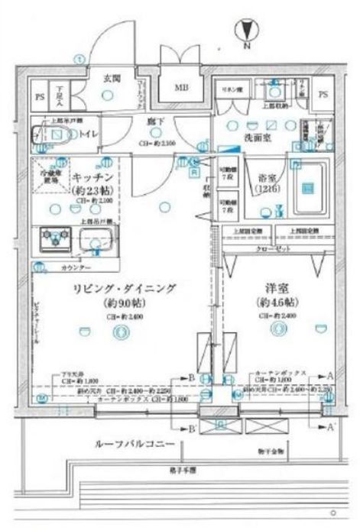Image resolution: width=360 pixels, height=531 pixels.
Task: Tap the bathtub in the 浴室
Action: coord(307,189)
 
